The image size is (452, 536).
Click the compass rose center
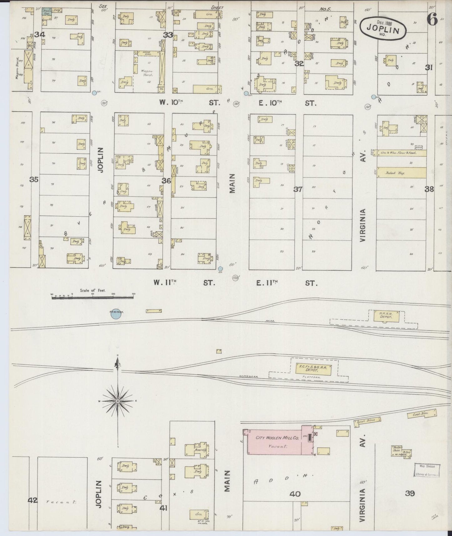click(x=118, y=401)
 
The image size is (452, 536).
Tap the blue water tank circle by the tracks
click(x=116, y=314)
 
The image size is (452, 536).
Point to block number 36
click(x=166, y=181)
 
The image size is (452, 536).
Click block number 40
click(x=295, y=494)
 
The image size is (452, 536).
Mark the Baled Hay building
click(x=401, y=172)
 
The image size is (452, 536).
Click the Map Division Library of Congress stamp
click(x=427, y=470)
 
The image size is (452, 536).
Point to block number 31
click(x=429, y=67)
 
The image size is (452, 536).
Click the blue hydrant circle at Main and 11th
click(x=221, y=269)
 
